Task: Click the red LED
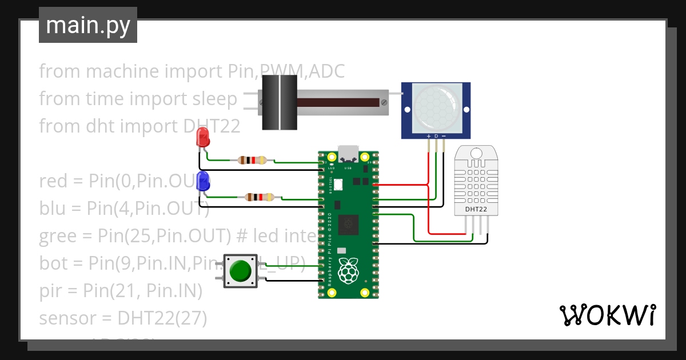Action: pyautogui.click(x=202, y=138)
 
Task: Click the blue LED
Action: pyautogui.click(x=202, y=181)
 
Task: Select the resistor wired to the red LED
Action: pyautogui.click(x=253, y=160)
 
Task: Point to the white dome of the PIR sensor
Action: pyautogui.click(x=436, y=104)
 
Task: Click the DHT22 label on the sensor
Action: pyautogui.click(x=476, y=209)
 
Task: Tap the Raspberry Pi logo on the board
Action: pyautogui.click(x=348, y=271)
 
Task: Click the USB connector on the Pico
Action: pyautogui.click(x=348, y=154)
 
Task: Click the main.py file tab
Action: pyautogui.click(x=88, y=25)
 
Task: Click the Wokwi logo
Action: pyautogui.click(x=607, y=315)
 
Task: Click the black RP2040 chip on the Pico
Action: pyautogui.click(x=348, y=225)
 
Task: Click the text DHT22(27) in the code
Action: pyautogui.click(x=162, y=317)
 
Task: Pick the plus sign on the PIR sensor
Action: pyautogui.click(x=429, y=136)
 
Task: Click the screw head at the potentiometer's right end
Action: pyautogui.click(x=384, y=103)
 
